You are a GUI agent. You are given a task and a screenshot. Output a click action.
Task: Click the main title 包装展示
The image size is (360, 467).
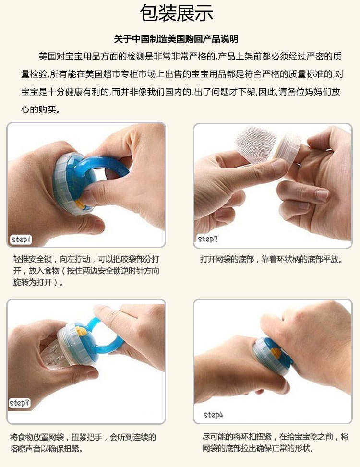176,13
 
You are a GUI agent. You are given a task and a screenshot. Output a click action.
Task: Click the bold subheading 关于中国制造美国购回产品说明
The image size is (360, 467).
176,39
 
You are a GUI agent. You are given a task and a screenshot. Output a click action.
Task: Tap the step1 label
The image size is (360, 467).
21,239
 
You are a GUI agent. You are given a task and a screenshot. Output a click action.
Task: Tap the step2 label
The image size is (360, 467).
207,239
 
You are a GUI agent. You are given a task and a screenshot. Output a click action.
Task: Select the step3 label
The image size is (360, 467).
19,403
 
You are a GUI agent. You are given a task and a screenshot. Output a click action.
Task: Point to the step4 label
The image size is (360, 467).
213,415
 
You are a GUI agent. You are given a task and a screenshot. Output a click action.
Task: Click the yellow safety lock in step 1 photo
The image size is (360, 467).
80,204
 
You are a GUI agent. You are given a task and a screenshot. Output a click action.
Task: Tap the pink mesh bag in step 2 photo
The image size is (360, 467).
256,144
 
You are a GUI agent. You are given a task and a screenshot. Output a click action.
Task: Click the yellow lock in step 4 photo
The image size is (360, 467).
276,353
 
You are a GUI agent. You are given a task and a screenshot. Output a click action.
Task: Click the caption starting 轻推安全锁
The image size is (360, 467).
86,270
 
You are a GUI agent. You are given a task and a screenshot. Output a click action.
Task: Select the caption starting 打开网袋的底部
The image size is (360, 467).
271,259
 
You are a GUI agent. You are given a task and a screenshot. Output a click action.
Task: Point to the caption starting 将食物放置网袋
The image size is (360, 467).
83,443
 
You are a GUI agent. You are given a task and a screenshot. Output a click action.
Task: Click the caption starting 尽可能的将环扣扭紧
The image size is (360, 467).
275,442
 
